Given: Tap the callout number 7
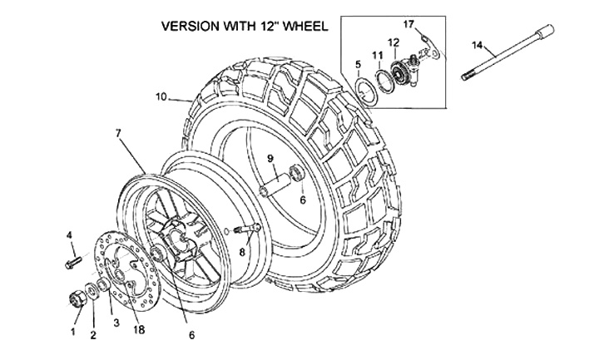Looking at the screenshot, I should pyautogui.click(x=118, y=132).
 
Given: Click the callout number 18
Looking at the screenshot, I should pyautogui.click(x=139, y=329).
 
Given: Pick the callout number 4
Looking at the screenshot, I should pyautogui.click(x=70, y=235).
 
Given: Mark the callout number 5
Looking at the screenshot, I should pyautogui.click(x=357, y=64).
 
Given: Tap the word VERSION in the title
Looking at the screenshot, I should pyautogui.click(x=191, y=26).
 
